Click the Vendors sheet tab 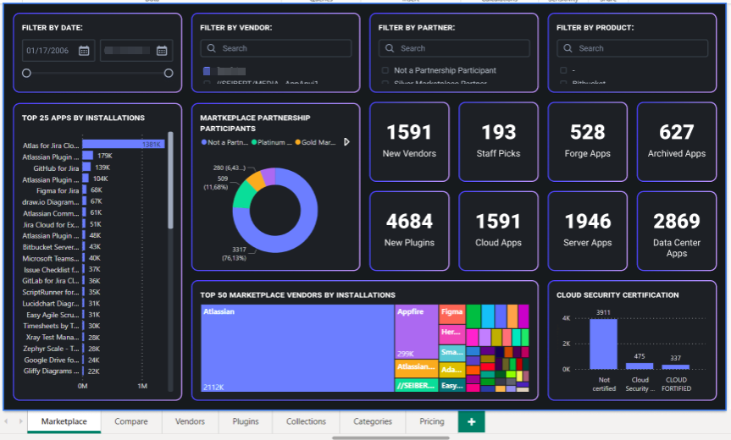(190, 421)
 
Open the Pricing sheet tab (431, 421)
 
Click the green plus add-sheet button (471, 421)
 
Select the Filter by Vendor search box (275, 48)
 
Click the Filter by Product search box (632, 48)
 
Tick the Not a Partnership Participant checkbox (385, 70)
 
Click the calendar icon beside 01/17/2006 (84, 51)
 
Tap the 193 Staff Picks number (498, 132)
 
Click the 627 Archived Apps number (676, 132)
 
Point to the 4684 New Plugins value (409, 221)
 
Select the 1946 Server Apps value (587, 221)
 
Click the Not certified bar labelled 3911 (603, 344)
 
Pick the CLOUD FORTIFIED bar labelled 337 (676, 366)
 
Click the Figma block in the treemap (451, 313)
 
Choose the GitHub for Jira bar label (55, 168)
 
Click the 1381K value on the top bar (152, 145)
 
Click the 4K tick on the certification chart (566, 317)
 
